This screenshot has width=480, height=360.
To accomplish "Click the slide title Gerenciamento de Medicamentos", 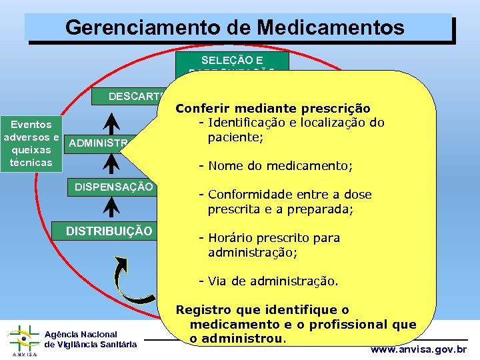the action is pos(235,27).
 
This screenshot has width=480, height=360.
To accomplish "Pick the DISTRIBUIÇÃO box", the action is pos(109,231).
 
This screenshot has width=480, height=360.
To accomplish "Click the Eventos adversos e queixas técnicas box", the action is pos(27,143).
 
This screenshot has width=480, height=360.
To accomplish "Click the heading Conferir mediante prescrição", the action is pos(273,108).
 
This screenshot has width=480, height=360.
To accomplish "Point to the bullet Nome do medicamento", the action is pos(280,165).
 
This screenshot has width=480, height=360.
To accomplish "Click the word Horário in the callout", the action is pos(227,238).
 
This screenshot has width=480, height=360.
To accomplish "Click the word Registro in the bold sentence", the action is pos(201,310).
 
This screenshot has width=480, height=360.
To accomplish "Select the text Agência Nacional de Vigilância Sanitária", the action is pos(91,339).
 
